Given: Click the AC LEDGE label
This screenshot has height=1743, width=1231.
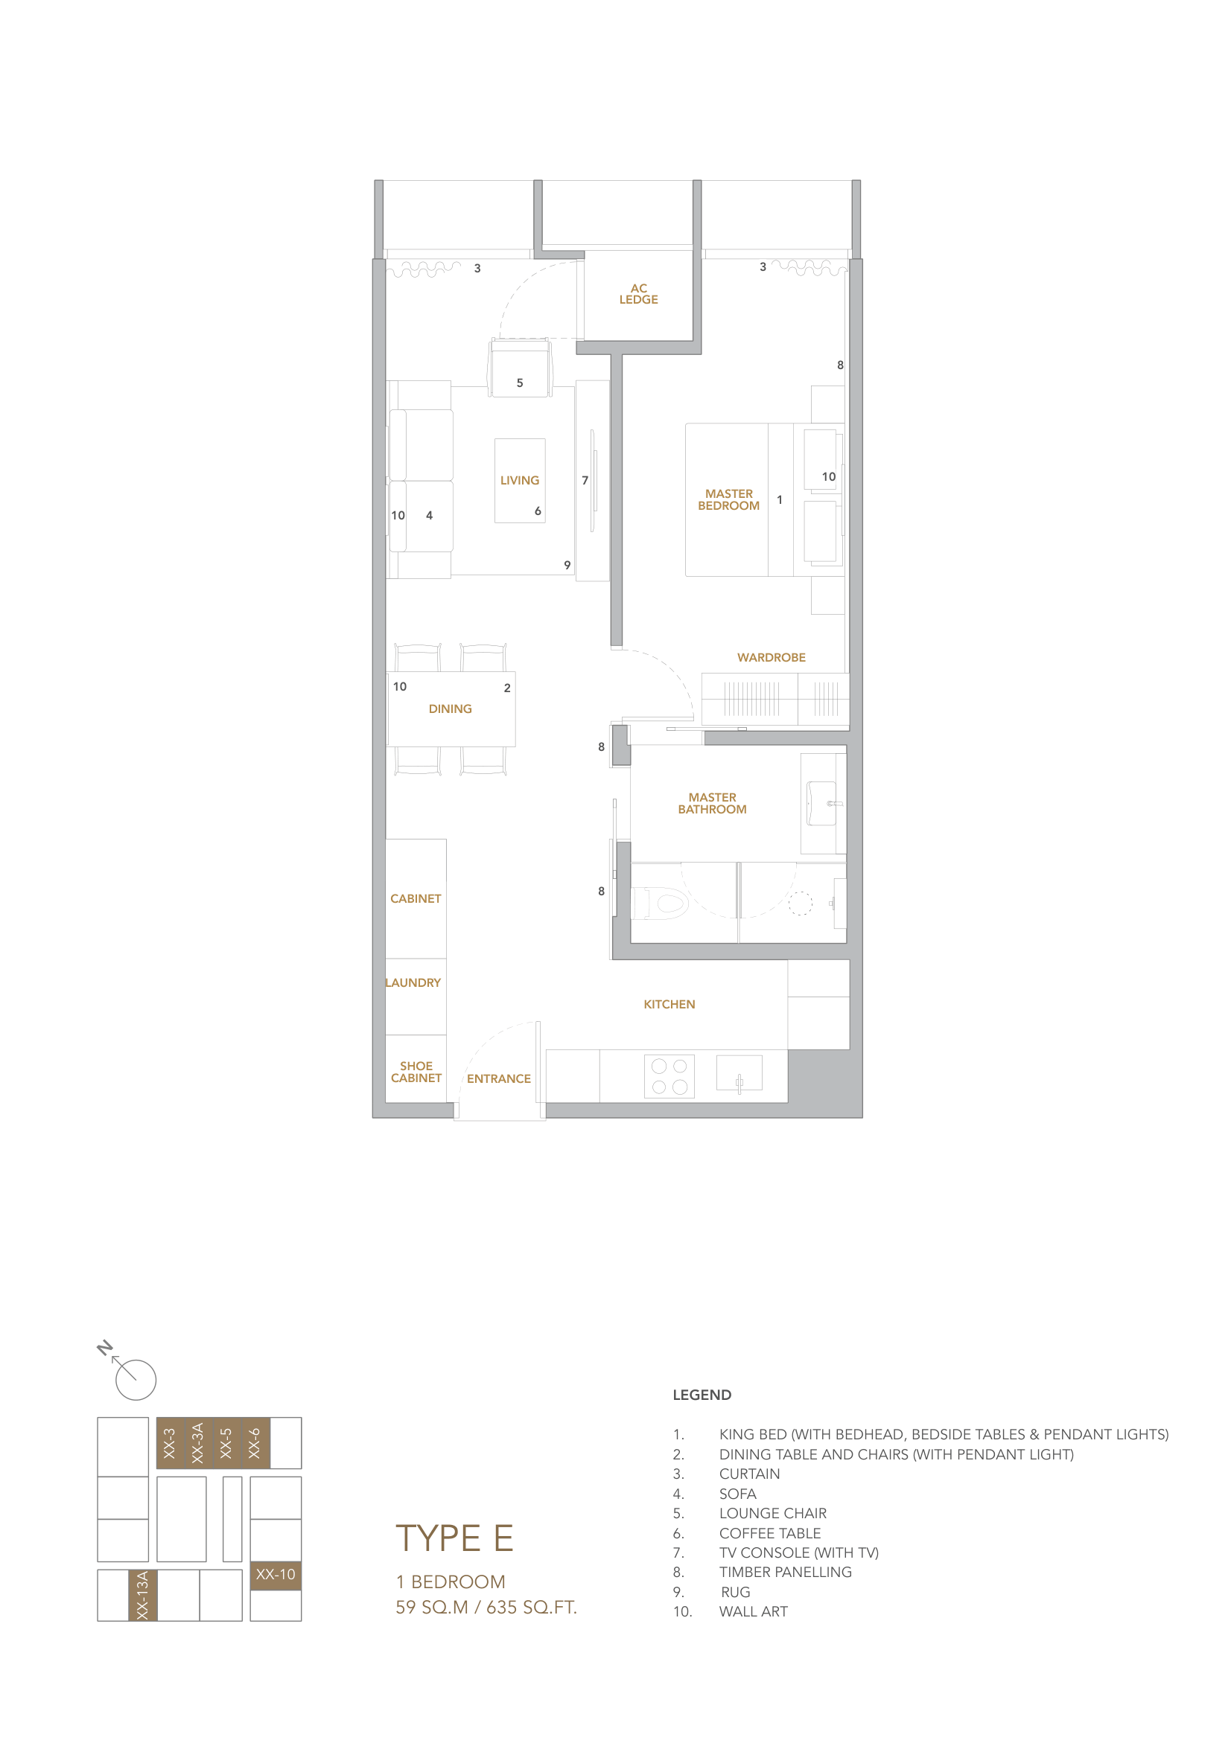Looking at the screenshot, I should coord(638,294).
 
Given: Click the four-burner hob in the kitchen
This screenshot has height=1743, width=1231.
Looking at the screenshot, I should coord(668,1076).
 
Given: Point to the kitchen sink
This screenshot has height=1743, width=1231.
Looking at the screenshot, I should coord(738,1073).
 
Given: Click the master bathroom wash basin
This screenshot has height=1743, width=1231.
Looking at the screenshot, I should coord(821,803).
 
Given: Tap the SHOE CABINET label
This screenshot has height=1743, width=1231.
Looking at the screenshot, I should coord(416,1072).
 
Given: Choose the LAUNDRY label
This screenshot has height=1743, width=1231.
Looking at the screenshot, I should coord(413,982).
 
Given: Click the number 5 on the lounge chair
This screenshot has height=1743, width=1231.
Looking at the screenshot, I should coord(520,383).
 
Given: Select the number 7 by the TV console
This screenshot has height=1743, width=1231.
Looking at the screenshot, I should coord(585,481).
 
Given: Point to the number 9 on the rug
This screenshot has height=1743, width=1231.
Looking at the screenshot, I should coord(567,565).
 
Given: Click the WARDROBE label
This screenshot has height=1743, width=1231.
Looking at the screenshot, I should coord(771,657).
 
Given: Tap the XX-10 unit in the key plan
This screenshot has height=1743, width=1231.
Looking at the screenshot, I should coord(275,1575).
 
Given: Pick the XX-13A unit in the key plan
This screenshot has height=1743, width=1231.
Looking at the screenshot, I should coord(142,1595).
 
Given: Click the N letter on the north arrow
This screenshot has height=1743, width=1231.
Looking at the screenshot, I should coord(105,1349).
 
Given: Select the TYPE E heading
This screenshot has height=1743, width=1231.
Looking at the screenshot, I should coord(454,1539).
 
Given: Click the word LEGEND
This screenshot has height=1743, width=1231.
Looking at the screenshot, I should coord(702,1395).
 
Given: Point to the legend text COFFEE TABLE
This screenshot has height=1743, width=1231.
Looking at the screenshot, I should coord(769,1533).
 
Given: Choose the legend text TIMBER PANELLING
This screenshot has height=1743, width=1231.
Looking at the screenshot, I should coord(784,1572).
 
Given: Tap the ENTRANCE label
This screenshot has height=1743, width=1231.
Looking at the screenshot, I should coord(498,1078).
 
